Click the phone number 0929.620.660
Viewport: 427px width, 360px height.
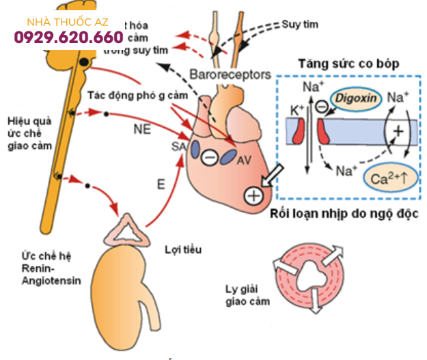point(68,37)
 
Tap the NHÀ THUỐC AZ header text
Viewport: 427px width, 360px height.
point(68,22)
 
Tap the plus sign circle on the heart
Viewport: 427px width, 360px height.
point(253,195)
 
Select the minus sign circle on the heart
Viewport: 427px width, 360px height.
point(210,158)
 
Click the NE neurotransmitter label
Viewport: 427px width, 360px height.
point(141,126)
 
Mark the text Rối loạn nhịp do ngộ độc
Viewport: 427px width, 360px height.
point(344,213)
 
